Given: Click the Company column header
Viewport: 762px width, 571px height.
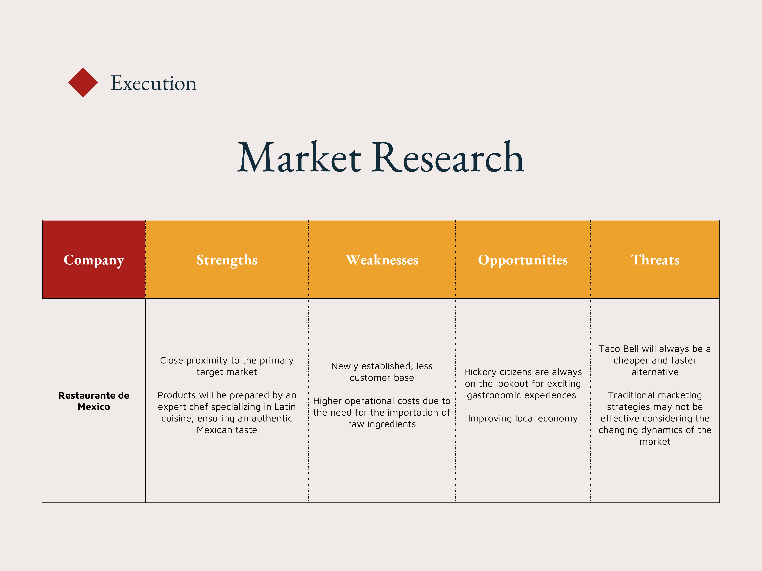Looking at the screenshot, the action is click(x=94, y=260).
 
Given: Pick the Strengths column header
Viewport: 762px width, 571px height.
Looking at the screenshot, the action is click(x=227, y=260).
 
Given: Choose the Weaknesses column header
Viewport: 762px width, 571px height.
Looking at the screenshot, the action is click(x=382, y=260).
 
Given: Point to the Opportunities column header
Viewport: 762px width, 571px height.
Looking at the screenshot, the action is click(x=523, y=260).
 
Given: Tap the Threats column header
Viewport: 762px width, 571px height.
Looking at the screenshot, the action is click(x=655, y=260).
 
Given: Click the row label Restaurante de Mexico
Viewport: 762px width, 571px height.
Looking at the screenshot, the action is click(x=94, y=401).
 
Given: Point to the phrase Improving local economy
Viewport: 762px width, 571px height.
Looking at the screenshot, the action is click(x=523, y=419).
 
